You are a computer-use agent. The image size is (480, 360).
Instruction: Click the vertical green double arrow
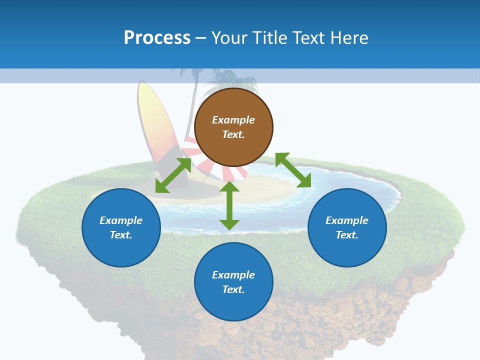[229, 206]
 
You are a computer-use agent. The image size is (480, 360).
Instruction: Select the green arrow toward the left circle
[173, 175]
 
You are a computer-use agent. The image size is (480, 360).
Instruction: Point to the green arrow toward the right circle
[293, 170]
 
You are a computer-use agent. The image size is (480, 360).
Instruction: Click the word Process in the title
[157, 37]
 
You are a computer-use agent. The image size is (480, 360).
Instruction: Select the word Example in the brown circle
[233, 120]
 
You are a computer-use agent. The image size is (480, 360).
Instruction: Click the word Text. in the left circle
[121, 235]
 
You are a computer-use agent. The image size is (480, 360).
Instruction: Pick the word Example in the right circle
[347, 220]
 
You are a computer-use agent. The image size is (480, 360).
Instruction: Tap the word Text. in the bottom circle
[233, 289]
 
